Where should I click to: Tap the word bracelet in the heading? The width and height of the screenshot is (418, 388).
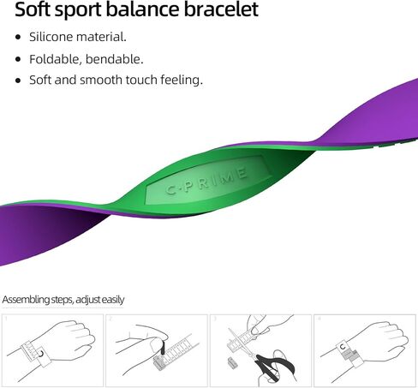coord(221,9)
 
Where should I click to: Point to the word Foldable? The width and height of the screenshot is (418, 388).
coord(56,59)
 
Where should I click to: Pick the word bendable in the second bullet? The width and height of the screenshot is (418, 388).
coord(114,59)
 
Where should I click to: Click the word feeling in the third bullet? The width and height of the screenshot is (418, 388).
coord(182,80)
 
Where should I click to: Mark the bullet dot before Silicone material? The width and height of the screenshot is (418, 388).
coord(18,37)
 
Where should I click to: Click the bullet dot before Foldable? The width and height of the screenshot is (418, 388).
coord(18,59)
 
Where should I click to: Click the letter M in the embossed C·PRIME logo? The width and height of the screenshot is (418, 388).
coord(224,177)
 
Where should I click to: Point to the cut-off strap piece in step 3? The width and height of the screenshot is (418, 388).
coord(231,362)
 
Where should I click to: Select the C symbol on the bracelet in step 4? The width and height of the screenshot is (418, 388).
coord(343,347)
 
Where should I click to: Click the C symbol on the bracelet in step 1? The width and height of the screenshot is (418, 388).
coord(41,354)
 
